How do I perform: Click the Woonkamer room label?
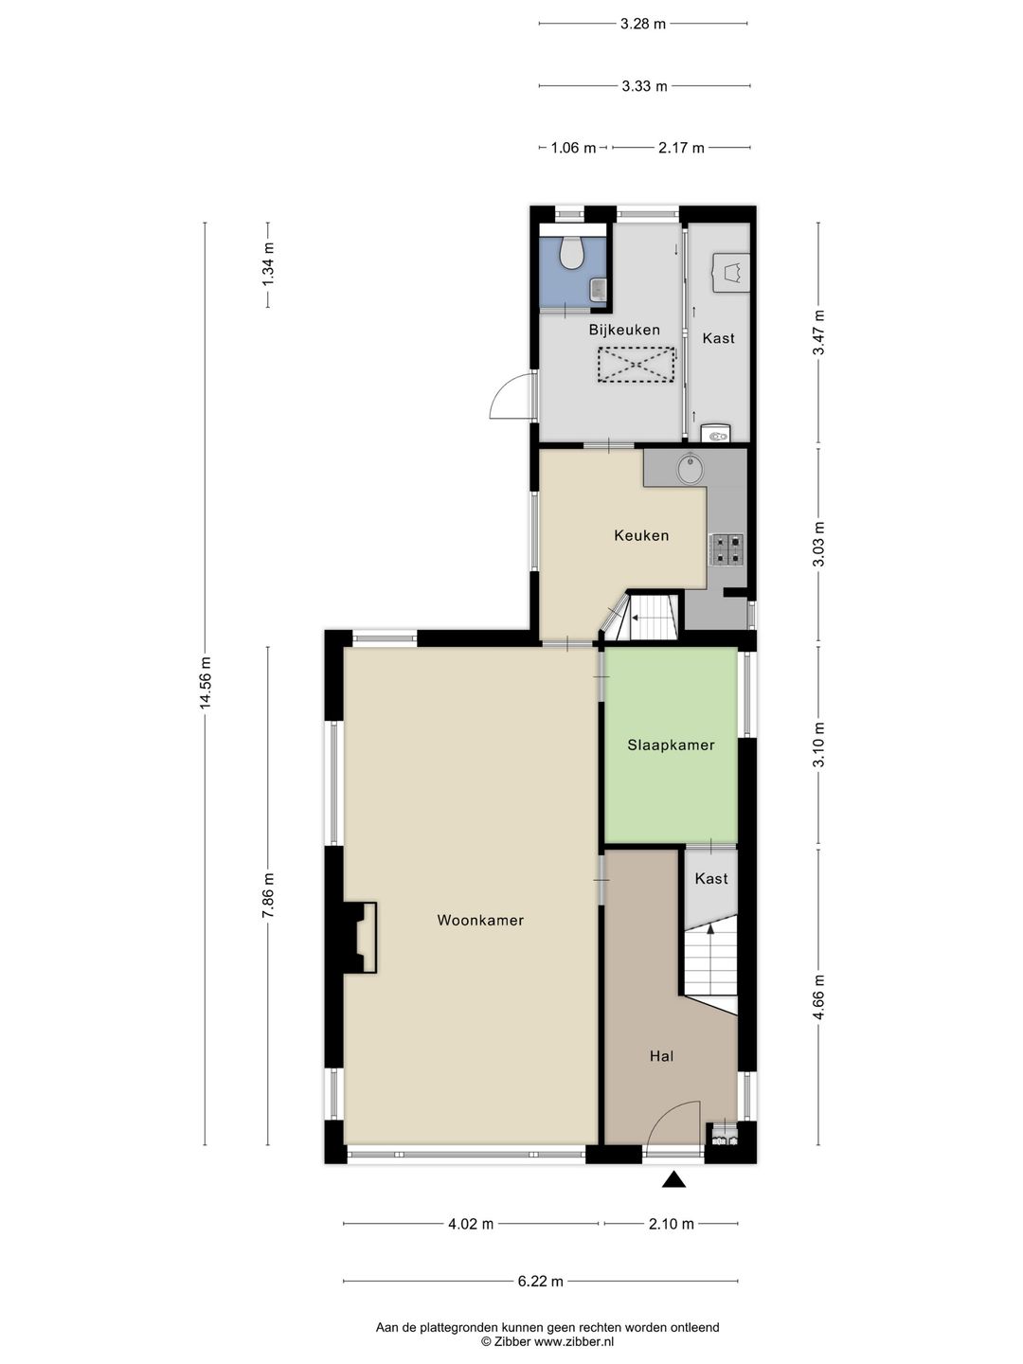click(x=480, y=921)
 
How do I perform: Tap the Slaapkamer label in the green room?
click(x=671, y=745)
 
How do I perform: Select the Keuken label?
click(x=641, y=535)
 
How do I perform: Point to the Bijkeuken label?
click(x=624, y=330)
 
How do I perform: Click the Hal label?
click(x=661, y=1056)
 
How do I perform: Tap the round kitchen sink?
click(x=691, y=468)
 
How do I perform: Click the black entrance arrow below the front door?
click(x=673, y=1180)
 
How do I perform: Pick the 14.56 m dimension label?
click(x=206, y=682)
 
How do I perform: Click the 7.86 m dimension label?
click(x=268, y=895)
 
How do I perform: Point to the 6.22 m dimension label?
click(x=541, y=1282)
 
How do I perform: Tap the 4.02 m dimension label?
click(x=471, y=1224)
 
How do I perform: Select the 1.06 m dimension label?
click(x=573, y=148)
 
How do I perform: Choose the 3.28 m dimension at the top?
click(x=643, y=25)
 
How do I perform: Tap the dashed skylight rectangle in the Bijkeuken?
click(x=636, y=365)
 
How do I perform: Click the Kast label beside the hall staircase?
click(x=711, y=879)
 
